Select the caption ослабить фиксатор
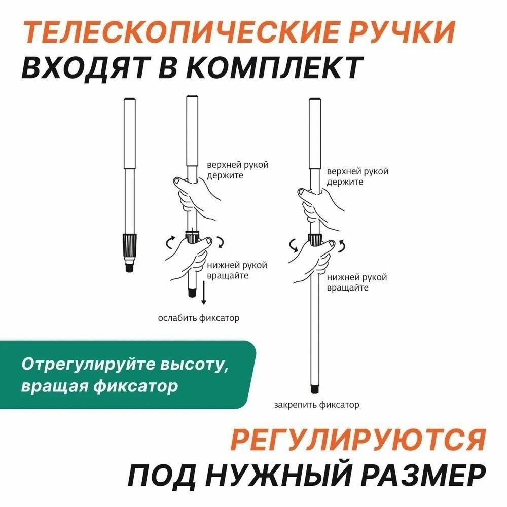coord(199,318)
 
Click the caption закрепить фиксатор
coord(316,405)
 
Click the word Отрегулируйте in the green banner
coord(89,365)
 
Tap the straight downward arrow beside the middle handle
coord(203,293)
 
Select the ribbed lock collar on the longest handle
coord(314,239)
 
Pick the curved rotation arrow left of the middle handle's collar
coord(170,242)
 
